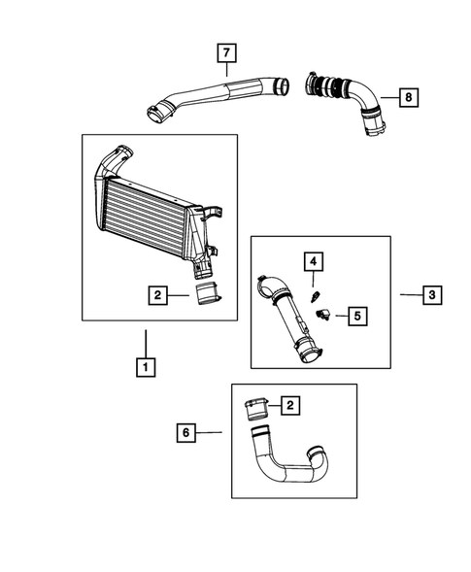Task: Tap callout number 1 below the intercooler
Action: tap(145, 367)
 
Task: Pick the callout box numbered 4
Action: tap(314, 260)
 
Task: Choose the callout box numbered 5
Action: tap(356, 315)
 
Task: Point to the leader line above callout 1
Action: tap(145, 342)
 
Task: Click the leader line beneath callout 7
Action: tap(225, 68)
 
